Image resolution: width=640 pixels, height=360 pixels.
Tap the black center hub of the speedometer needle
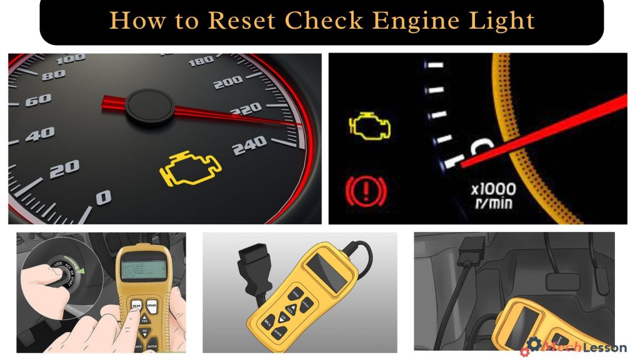(149, 104)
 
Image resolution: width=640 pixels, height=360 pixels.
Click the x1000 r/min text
(494, 194)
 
